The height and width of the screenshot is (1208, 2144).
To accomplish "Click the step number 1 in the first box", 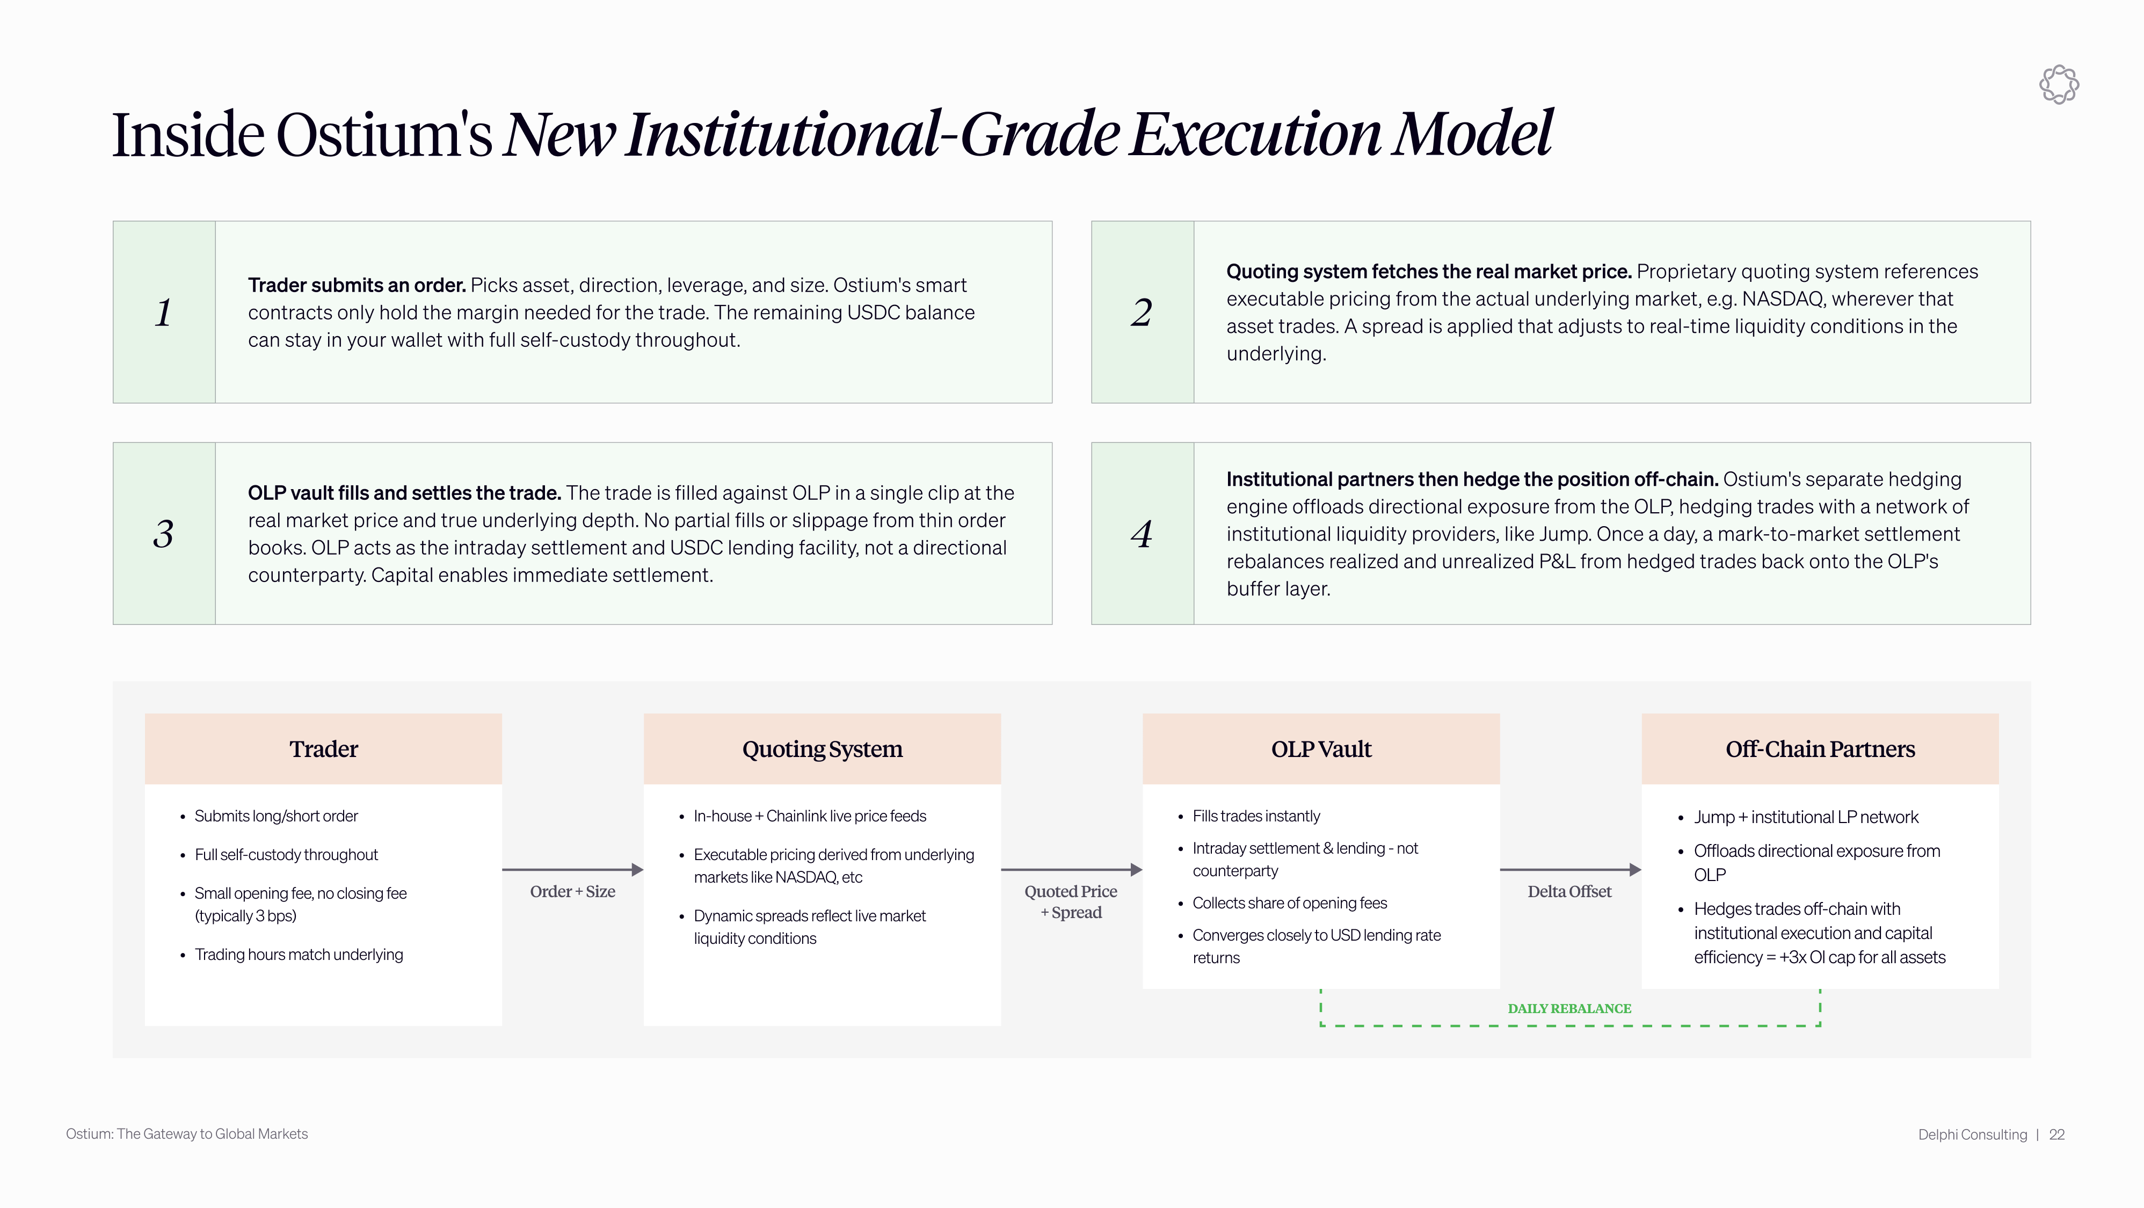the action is (163, 313).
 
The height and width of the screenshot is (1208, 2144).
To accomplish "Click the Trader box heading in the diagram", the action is (324, 749).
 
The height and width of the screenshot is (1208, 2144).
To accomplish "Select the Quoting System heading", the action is (822, 749).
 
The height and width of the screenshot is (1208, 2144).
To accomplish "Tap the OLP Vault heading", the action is (1321, 749).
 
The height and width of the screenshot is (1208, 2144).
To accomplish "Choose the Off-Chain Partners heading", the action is (1820, 749).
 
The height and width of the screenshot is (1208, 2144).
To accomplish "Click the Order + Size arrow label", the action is (572, 892).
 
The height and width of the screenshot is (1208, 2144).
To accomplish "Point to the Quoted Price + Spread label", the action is (1071, 902).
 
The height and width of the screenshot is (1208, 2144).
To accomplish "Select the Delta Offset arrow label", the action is (1569, 892).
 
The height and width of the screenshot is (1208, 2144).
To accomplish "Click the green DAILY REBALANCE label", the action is (1569, 1008).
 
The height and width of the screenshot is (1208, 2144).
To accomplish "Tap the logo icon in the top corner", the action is (2059, 84).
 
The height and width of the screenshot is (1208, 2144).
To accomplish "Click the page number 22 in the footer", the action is (2056, 1135).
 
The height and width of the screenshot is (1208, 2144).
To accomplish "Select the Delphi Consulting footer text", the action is (1973, 1135).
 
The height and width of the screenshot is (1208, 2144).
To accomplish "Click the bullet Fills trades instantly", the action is (1256, 816).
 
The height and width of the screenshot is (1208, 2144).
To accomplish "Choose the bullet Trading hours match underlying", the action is (299, 955).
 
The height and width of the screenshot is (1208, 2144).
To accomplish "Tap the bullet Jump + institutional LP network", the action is (1806, 818).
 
